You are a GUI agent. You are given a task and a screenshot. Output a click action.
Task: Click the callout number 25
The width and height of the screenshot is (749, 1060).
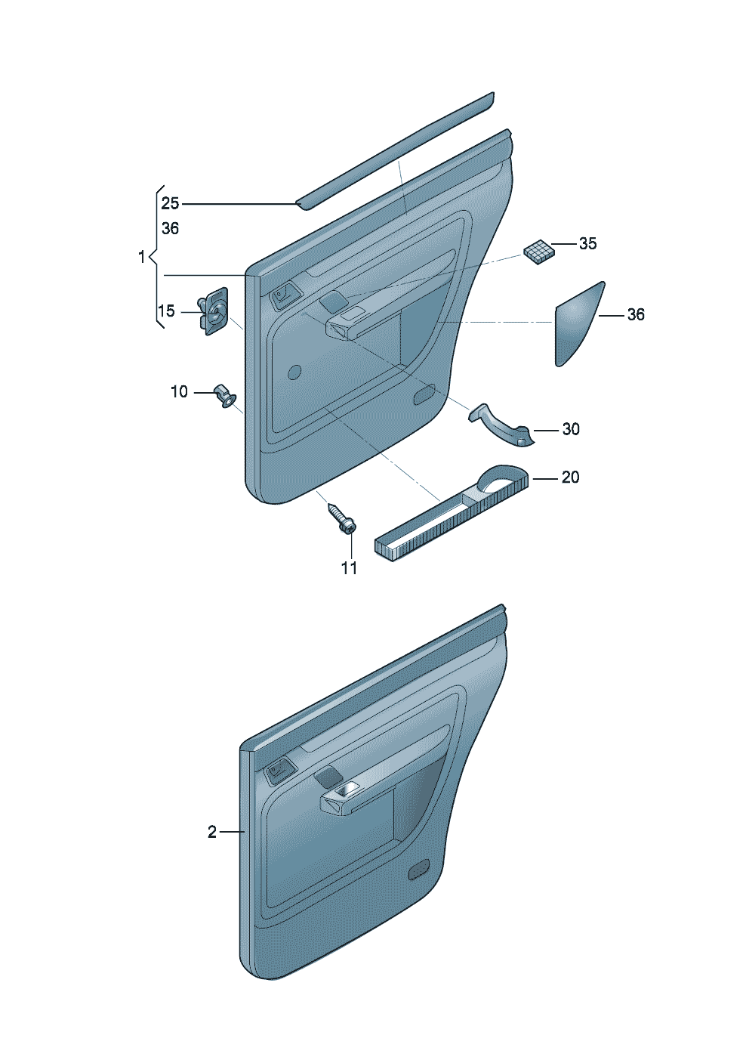tap(170, 203)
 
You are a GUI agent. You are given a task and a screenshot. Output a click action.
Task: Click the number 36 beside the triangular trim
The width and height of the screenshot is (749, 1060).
tap(636, 315)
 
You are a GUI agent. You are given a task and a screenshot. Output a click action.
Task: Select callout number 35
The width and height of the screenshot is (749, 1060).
tap(587, 244)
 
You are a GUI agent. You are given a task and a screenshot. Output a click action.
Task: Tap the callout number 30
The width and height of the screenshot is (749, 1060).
tap(571, 429)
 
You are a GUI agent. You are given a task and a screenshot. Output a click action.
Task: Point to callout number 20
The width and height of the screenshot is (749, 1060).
tap(570, 477)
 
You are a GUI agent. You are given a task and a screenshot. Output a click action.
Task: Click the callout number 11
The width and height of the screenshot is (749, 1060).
tap(350, 568)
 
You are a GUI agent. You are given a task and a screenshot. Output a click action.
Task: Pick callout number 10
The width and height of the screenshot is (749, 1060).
tap(179, 392)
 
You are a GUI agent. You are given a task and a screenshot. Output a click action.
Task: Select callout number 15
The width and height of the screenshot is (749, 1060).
tap(166, 311)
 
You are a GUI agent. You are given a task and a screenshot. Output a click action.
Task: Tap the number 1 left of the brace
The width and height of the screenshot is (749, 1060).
tap(141, 258)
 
